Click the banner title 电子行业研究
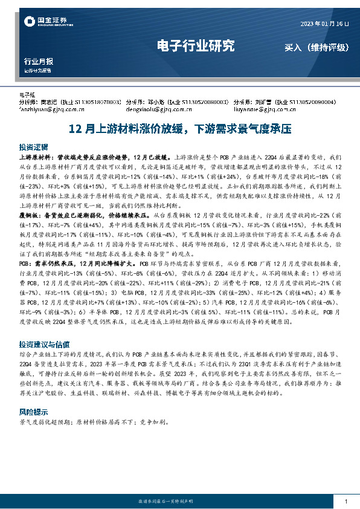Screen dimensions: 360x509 tap(195, 46)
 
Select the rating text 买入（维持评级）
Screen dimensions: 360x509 tap(314, 47)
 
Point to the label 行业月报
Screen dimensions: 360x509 tap(38, 62)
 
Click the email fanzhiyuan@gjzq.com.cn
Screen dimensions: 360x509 tap(51, 109)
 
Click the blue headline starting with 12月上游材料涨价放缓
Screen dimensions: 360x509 tap(180, 129)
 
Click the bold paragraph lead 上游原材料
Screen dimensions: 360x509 tap(37, 156)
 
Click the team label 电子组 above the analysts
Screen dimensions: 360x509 tap(28, 96)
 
